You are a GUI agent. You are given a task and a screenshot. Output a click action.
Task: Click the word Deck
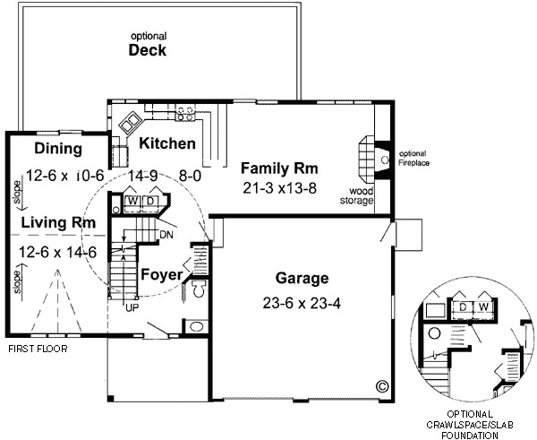click(147, 51)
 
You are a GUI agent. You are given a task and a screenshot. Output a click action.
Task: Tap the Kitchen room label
click(167, 143)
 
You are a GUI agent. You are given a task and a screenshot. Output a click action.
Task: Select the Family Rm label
click(279, 168)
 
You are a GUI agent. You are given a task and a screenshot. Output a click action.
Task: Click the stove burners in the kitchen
click(187, 113)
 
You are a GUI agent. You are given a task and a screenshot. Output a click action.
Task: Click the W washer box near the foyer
click(132, 201)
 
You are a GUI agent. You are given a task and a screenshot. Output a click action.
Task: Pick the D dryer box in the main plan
click(150, 201)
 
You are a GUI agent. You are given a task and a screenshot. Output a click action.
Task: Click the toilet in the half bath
click(198, 289)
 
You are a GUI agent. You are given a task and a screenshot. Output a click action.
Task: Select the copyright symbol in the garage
click(382, 387)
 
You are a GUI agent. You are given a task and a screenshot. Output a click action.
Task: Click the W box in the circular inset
click(484, 307)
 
